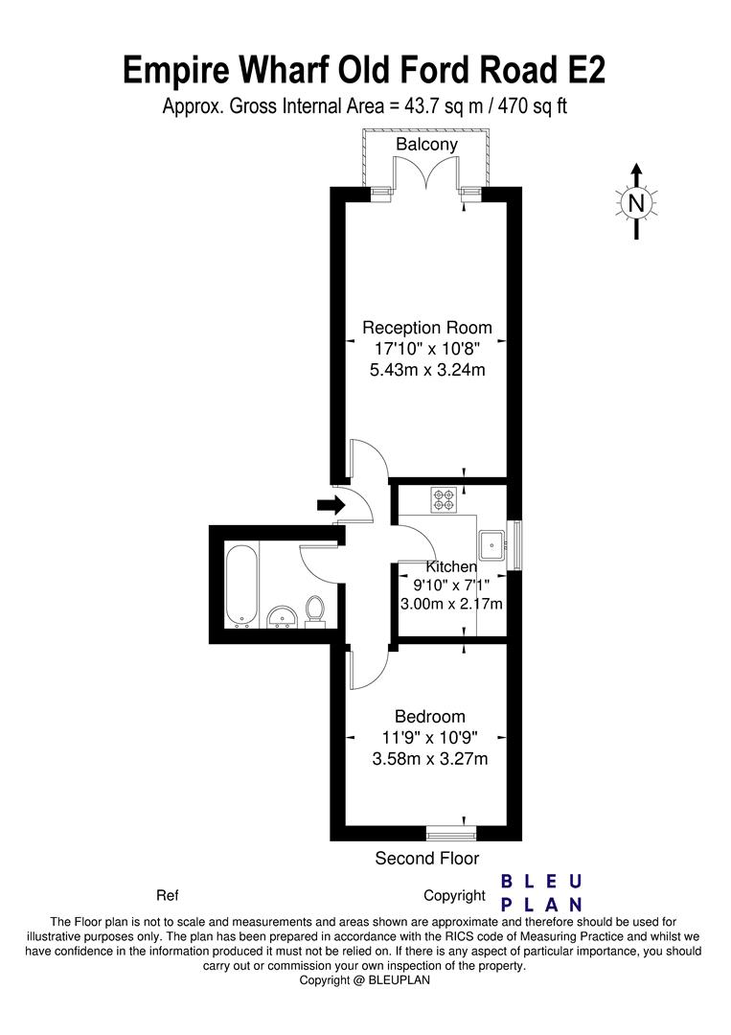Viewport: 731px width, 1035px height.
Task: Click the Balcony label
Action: click(426, 145)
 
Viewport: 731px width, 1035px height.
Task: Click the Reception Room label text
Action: click(427, 328)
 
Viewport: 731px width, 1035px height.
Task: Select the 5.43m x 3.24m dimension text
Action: click(427, 370)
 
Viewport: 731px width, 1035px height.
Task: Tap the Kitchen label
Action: click(451, 566)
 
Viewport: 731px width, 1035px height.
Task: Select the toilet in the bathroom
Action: click(314, 609)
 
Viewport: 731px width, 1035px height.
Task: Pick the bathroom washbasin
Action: click(284, 616)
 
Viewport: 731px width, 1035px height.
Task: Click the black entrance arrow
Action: click(331, 506)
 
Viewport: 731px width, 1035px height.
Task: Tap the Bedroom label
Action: click(429, 716)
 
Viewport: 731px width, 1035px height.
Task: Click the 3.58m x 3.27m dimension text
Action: click(430, 759)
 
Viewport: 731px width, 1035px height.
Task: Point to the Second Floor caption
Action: click(427, 858)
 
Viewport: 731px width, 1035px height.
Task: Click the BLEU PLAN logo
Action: click(541, 892)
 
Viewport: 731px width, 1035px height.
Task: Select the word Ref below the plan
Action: click(168, 896)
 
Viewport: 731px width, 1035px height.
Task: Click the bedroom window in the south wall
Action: click(451, 833)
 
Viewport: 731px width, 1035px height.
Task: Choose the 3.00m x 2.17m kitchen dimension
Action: click(451, 604)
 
